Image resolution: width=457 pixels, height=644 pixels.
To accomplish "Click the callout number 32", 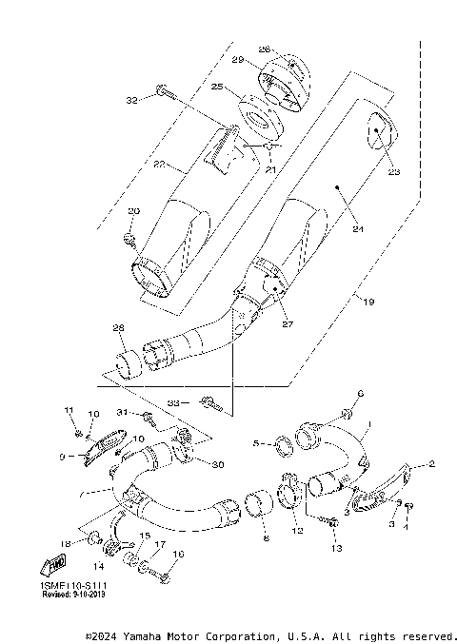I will (x=132, y=99).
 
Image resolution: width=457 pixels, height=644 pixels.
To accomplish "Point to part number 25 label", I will (x=216, y=87).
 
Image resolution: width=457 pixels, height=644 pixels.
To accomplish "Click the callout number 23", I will (x=393, y=172).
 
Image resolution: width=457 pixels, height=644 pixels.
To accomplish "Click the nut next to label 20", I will (x=131, y=233).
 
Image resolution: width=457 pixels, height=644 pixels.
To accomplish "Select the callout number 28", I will (x=118, y=328).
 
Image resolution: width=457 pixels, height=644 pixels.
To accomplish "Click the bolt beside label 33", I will (x=211, y=405).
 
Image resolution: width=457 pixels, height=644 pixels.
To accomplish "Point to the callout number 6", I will (x=361, y=394).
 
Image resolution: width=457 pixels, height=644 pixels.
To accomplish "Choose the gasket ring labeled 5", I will (x=281, y=442).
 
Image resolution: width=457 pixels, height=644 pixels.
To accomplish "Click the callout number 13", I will (x=334, y=550).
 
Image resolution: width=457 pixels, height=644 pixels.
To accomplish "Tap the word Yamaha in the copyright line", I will (x=141, y=635).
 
